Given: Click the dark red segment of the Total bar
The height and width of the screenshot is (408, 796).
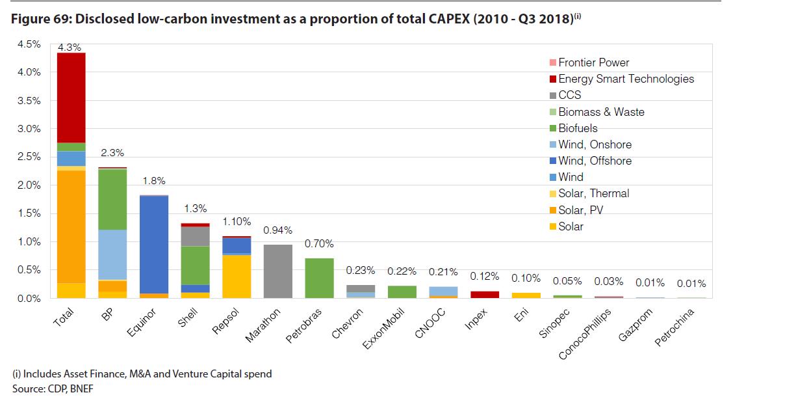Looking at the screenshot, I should tap(71, 98).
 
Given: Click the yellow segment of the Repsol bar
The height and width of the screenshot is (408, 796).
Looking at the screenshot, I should tap(237, 277).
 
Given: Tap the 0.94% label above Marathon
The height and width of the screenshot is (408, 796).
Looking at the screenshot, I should tap(277, 230).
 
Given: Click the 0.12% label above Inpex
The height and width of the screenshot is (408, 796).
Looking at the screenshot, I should tap(484, 276).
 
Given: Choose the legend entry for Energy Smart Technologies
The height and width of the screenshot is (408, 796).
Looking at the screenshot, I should tap(626, 79).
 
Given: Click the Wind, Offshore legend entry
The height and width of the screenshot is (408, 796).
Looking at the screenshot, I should tap(595, 161).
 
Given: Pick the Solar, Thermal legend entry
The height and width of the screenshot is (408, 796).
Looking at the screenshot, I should tap(593, 193).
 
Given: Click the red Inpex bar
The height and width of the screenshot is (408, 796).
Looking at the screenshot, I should tap(484, 294).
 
